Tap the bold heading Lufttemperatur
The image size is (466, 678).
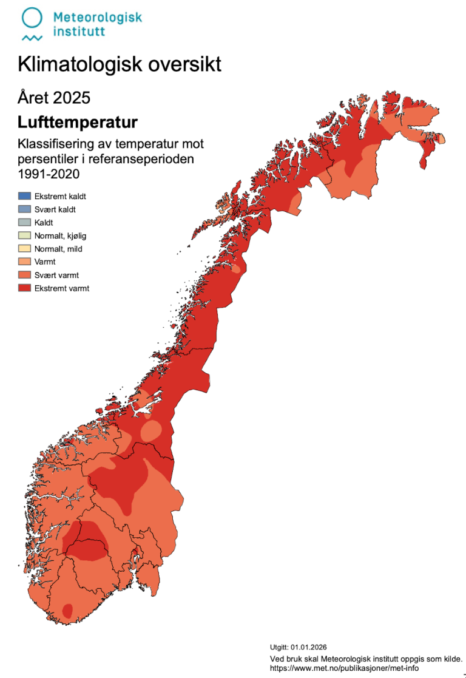click(78, 123)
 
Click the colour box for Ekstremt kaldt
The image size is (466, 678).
click(24, 196)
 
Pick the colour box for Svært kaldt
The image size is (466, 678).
click(24, 209)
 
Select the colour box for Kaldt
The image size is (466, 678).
click(24, 223)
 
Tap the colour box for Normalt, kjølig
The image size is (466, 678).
click(24, 236)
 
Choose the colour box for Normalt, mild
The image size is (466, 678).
click(24, 249)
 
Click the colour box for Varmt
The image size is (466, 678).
click(24, 262)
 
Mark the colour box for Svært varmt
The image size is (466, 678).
click(24, 275)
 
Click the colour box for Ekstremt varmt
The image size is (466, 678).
click(24, 288)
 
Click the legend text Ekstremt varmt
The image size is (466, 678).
click(62, 288)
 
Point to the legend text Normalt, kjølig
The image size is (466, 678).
click(60, 236)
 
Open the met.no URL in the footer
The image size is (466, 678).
click(344, 668)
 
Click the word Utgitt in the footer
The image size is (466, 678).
click(279, 647)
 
